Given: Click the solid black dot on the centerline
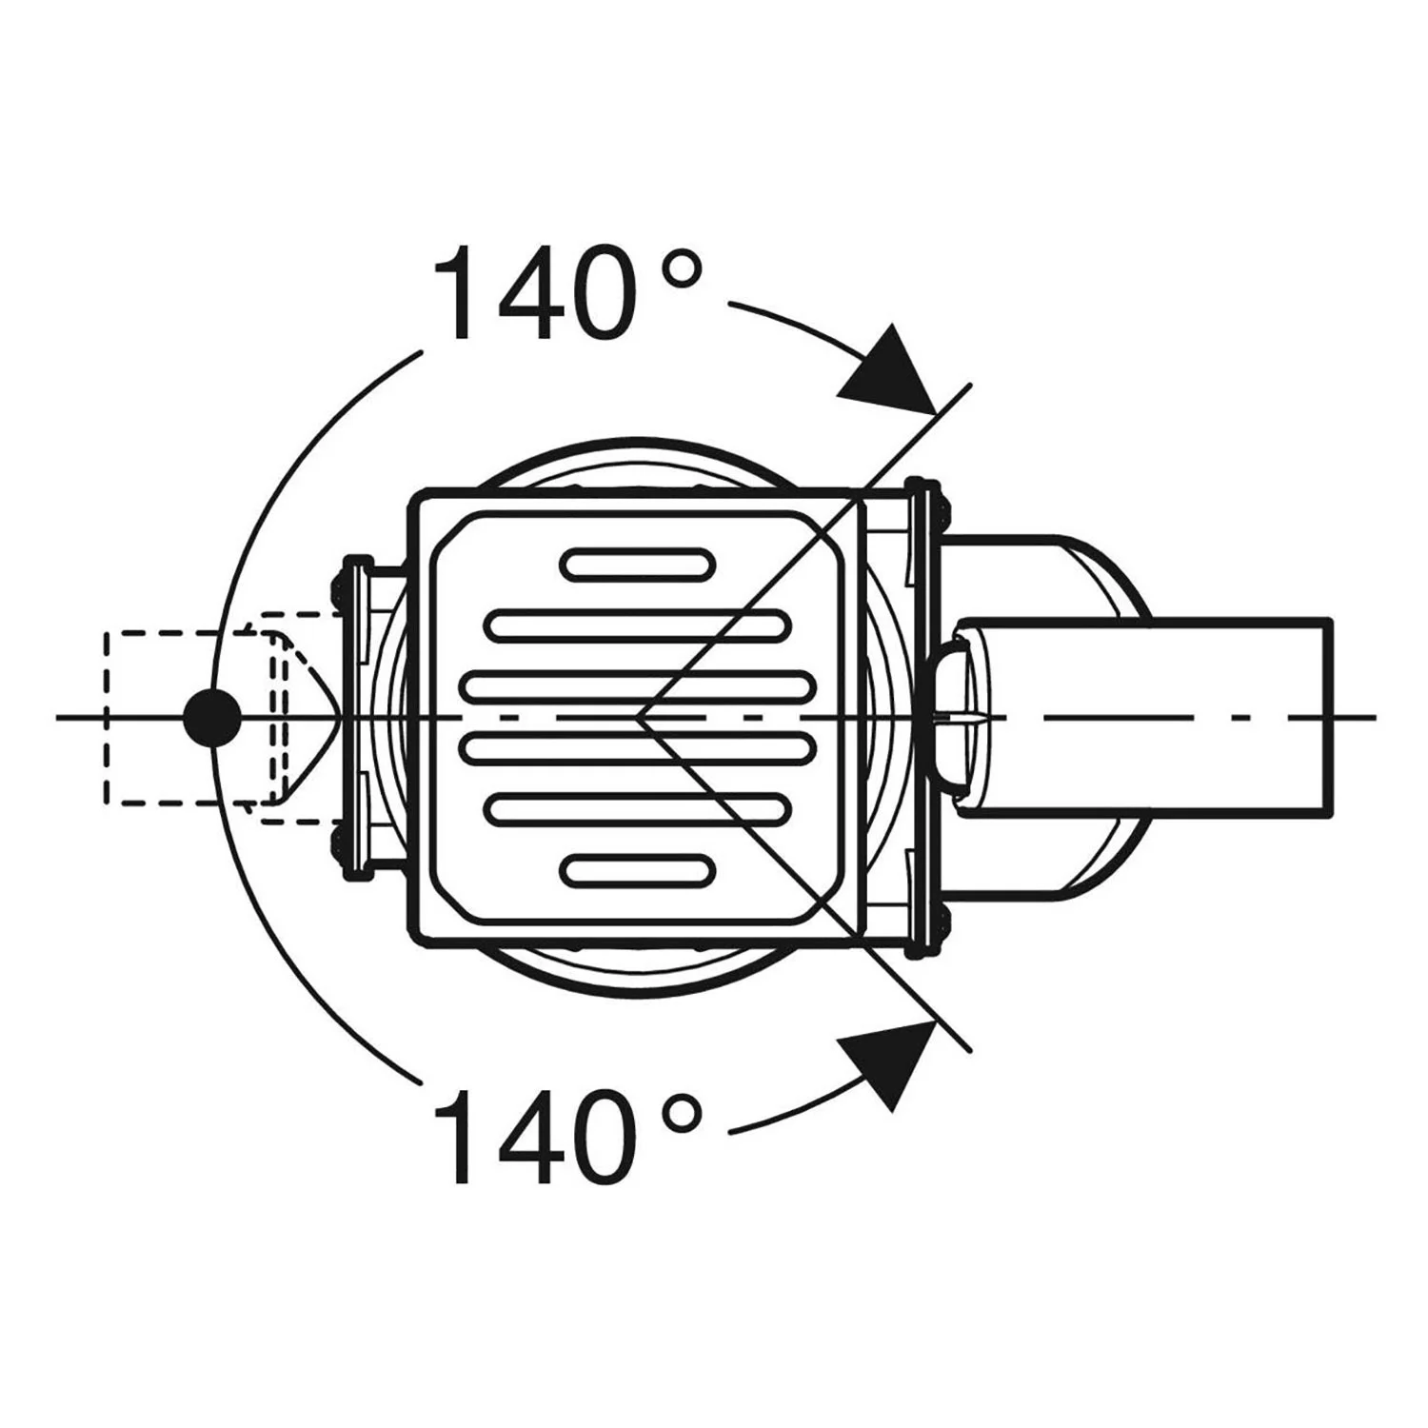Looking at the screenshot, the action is [x=211, y=718].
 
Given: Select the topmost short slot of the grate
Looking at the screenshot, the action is [x=638, y=565].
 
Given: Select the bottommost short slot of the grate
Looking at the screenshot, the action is [x=638, y=871].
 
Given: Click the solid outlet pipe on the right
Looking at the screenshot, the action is [x=1142, y=718].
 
